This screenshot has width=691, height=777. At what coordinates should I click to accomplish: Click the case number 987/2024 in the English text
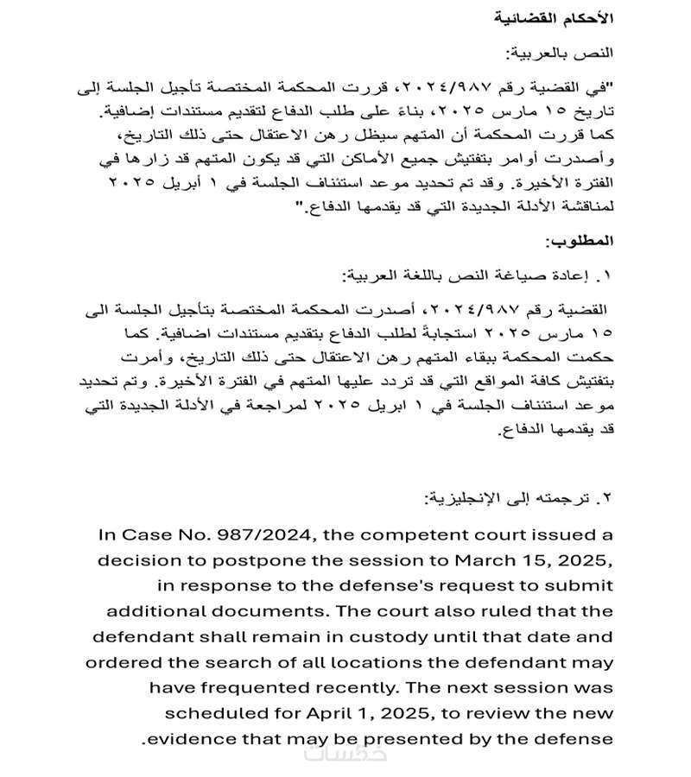point(217,536)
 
